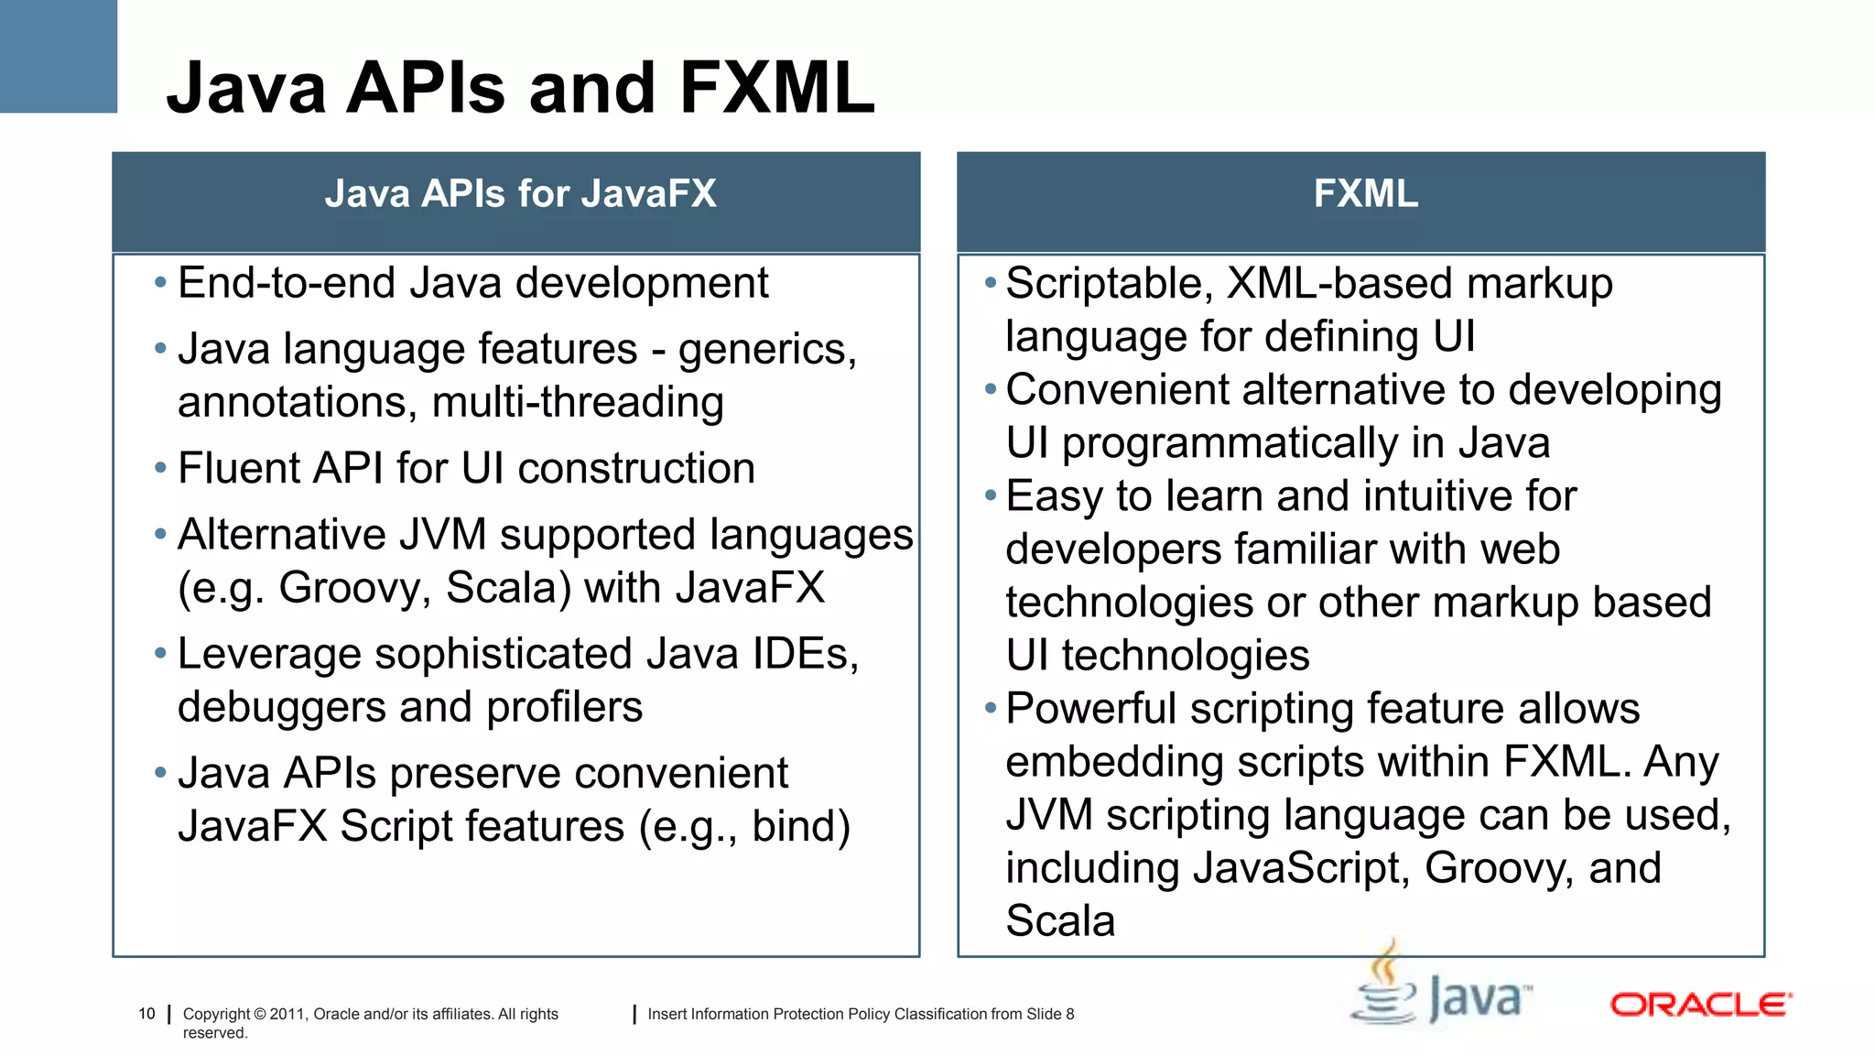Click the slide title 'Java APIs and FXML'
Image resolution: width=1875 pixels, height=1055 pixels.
[x=520, y=88]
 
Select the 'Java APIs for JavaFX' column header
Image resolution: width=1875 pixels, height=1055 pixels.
[x=520, y=194]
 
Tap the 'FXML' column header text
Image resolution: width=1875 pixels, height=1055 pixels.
[x=1365, y=194]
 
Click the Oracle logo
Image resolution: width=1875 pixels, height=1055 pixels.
[x=1700, y=1005]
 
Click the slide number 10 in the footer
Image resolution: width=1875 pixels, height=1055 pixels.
[x=146, y=1014]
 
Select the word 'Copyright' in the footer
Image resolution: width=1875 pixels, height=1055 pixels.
[x=216, y=1014]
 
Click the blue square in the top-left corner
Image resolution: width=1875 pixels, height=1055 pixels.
[x=58, y=56]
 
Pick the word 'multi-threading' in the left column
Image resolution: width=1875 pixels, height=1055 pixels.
[x=578, y=403]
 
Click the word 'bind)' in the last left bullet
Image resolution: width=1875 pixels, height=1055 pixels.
[x=801, y=827]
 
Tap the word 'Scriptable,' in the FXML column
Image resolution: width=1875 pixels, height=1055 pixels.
[x=1110, y=284]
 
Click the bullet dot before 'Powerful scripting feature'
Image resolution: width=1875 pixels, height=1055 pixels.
[x=990, y=708]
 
